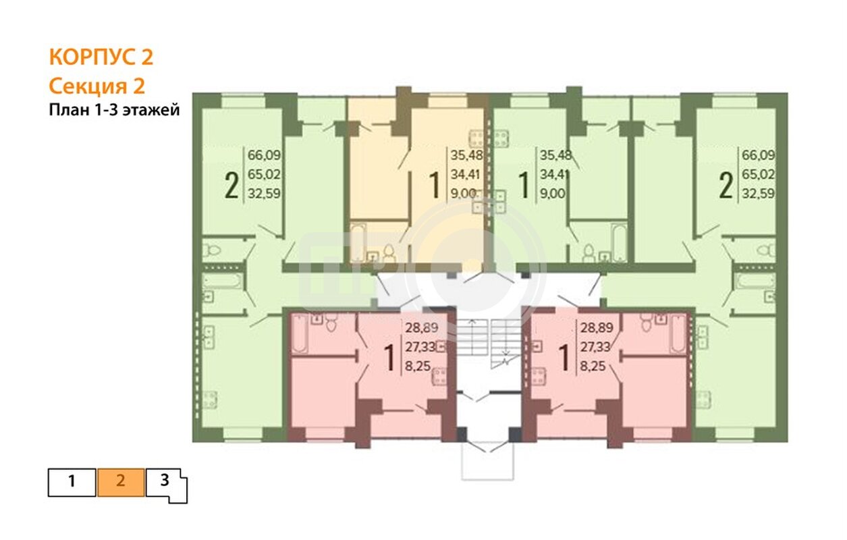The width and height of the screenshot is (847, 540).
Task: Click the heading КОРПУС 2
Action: coord(101,57)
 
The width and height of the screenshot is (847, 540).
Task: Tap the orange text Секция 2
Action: coord(97,86)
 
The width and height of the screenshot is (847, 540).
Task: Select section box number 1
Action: coord(72,482)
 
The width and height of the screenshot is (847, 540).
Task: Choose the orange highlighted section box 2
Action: coord(121,482)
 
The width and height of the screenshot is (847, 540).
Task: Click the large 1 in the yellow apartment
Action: coord(435,185)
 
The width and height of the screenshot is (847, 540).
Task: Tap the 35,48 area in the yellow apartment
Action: coord(466,155)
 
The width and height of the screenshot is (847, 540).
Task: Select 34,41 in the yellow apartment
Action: coord(466,174)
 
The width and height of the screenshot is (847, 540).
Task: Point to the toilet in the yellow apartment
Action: coord(388,252)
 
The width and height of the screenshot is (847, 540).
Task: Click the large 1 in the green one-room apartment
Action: coord(524,185)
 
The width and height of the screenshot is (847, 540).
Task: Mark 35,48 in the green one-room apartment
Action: coord(555,155)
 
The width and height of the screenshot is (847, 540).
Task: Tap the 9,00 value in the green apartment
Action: coord(553,194)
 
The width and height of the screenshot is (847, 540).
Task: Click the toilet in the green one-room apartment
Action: coord(589,252)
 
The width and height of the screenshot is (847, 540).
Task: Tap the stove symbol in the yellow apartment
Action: coord(476,138)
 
